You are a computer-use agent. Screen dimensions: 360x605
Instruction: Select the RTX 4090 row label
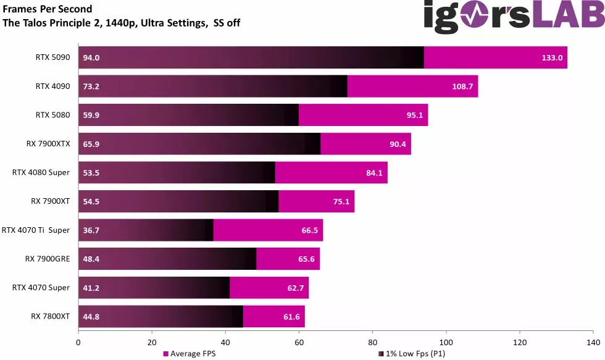tap(52, 86)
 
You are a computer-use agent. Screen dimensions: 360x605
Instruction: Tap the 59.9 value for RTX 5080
tap(91, 115)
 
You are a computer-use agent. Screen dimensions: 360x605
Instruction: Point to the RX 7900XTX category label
tap(48, 144)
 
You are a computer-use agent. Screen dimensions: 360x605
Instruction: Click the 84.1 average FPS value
tap(374, 173)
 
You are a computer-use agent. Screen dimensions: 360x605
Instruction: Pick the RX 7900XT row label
tap(51, 201)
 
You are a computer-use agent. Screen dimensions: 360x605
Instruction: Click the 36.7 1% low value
tap(91, 230)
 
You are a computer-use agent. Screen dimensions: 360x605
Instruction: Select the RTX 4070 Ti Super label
tap(36, 230)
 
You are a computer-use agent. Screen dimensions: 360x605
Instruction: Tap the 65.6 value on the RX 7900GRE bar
tap(307, 259)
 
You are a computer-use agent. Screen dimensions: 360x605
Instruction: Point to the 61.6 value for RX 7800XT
tap(291, 316)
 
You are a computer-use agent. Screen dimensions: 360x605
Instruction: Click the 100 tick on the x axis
tap(446, 341)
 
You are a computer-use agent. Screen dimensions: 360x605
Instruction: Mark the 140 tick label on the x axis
tap(593, 341)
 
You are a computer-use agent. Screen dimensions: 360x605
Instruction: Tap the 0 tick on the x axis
tap(78, 341)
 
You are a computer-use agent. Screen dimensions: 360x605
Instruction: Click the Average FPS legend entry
tap(190, 354)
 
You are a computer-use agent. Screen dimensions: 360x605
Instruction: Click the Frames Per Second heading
tap(48, 9)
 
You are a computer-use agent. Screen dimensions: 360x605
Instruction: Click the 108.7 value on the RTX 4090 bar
tap(462, 86)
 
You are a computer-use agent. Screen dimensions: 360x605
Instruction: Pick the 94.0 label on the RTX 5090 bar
tap(91, 58)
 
